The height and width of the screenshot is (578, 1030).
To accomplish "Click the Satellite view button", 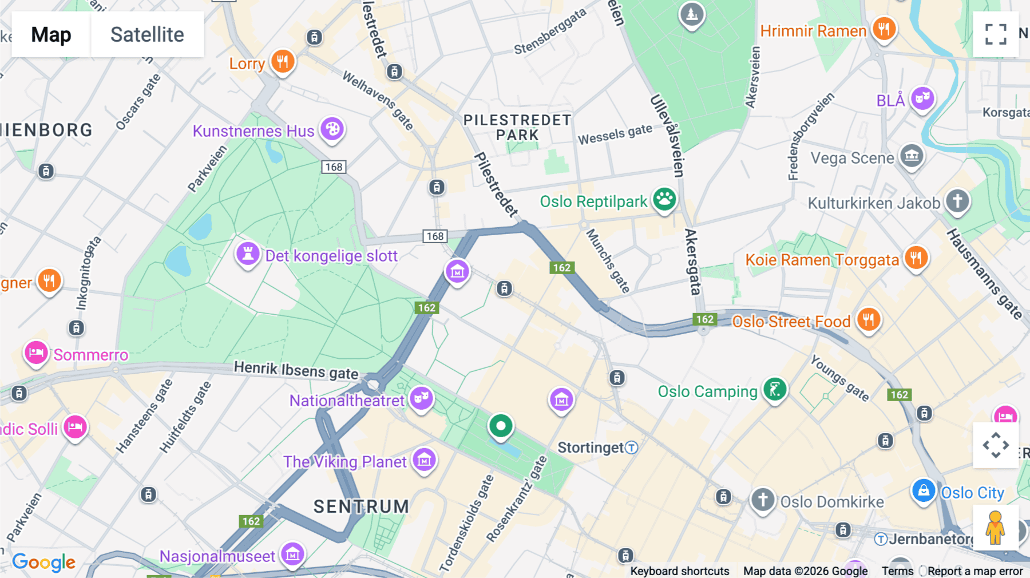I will click(x=147, y=34).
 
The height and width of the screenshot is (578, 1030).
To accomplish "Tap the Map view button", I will click(x=51, y=34).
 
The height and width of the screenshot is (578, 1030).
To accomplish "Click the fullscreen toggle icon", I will click(x=996, y=34).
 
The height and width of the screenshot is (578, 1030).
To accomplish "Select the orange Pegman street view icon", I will click(x=995, y=528).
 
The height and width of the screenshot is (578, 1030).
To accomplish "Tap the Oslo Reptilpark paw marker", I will click(x=664, y=200).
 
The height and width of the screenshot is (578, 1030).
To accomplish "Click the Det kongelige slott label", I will click(x=331, y=256).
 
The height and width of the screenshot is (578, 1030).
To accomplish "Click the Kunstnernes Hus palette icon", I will click(x=332, y=129).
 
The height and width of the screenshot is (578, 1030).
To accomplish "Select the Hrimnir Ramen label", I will click(x=813, y=31).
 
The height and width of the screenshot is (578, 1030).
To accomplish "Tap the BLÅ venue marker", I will click(x=922, y=98).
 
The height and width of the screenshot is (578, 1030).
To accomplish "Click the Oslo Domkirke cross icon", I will click(x=762, y=500).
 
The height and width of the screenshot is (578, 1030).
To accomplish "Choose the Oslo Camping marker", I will click(x=775, y=390).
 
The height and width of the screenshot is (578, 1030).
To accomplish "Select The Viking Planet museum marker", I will click(x=424, y=460).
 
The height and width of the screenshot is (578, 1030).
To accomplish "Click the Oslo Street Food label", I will click(x=791, y=322).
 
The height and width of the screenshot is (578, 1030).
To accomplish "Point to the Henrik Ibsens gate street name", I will click(x=296, y=370).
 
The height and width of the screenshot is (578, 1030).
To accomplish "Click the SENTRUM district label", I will click(x=361, y=506).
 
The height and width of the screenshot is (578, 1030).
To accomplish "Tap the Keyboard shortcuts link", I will click(x=679, y=571).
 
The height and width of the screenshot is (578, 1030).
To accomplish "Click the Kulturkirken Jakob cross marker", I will click(x=957, y=201).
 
